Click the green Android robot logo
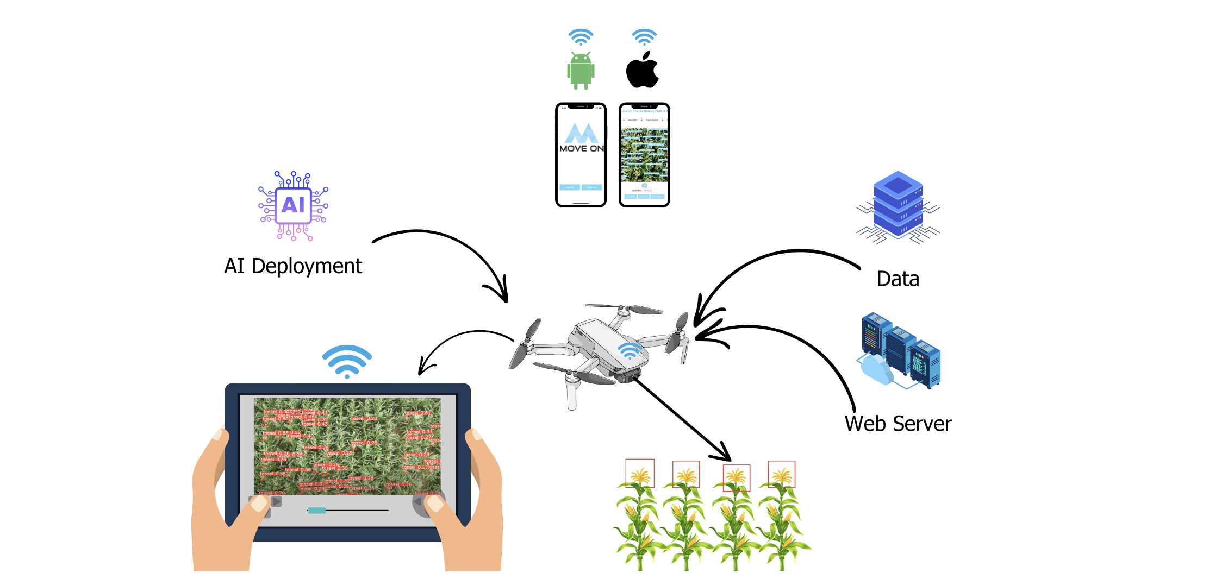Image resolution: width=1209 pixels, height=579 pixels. [x=581, y=71]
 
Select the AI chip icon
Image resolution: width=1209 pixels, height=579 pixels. [x=294, y=205]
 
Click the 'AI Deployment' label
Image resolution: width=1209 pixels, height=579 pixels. [x=293, y=266]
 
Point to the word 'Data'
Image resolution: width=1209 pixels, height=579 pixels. [x=898, y=279]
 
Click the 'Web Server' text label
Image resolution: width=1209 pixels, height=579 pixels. [x=898, y=424]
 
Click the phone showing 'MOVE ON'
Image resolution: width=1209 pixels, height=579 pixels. [x=581, y=155]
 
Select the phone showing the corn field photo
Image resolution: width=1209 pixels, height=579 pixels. [x=644, y=155]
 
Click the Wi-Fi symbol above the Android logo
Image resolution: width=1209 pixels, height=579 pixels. [x=581, y=37]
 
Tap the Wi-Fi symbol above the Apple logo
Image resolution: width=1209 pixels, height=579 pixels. [x=644, y=37]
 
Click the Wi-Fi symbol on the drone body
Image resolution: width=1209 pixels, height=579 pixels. [x=630, y=350]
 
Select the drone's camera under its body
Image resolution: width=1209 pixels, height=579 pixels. [x=628, y=374]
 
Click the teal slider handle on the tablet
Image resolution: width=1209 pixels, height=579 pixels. [x=316, y=511]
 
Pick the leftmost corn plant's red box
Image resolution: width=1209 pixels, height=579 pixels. [x=640, y=473]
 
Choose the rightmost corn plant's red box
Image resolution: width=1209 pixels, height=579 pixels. [x=781, y=474]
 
